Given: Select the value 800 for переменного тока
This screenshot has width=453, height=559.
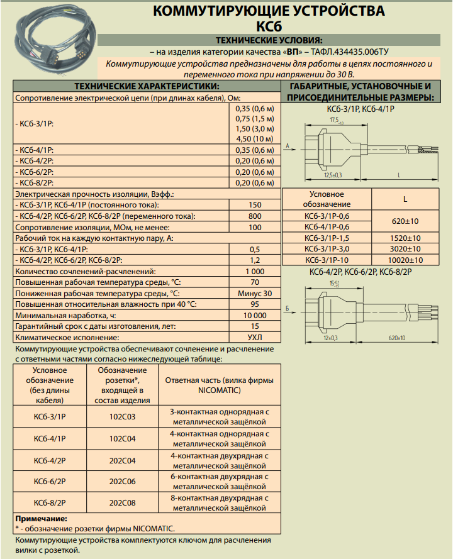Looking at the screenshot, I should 254,216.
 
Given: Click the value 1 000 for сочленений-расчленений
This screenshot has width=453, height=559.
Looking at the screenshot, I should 254,271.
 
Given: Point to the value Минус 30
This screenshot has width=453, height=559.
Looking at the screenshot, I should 254,293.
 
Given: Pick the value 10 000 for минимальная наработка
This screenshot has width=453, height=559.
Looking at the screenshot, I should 254,315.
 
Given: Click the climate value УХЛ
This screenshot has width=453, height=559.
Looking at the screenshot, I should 254,337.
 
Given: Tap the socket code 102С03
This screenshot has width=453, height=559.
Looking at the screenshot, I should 123,417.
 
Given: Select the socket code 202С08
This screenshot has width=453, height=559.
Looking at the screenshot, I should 123,502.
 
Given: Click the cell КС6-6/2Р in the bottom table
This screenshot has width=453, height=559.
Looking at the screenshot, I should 50,481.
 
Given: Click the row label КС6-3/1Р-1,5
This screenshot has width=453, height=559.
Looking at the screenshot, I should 327,238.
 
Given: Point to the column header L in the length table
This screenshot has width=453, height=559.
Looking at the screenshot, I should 405,199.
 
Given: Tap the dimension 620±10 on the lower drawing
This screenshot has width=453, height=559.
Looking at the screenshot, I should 396,338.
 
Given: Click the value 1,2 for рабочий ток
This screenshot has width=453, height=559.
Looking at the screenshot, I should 254,260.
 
